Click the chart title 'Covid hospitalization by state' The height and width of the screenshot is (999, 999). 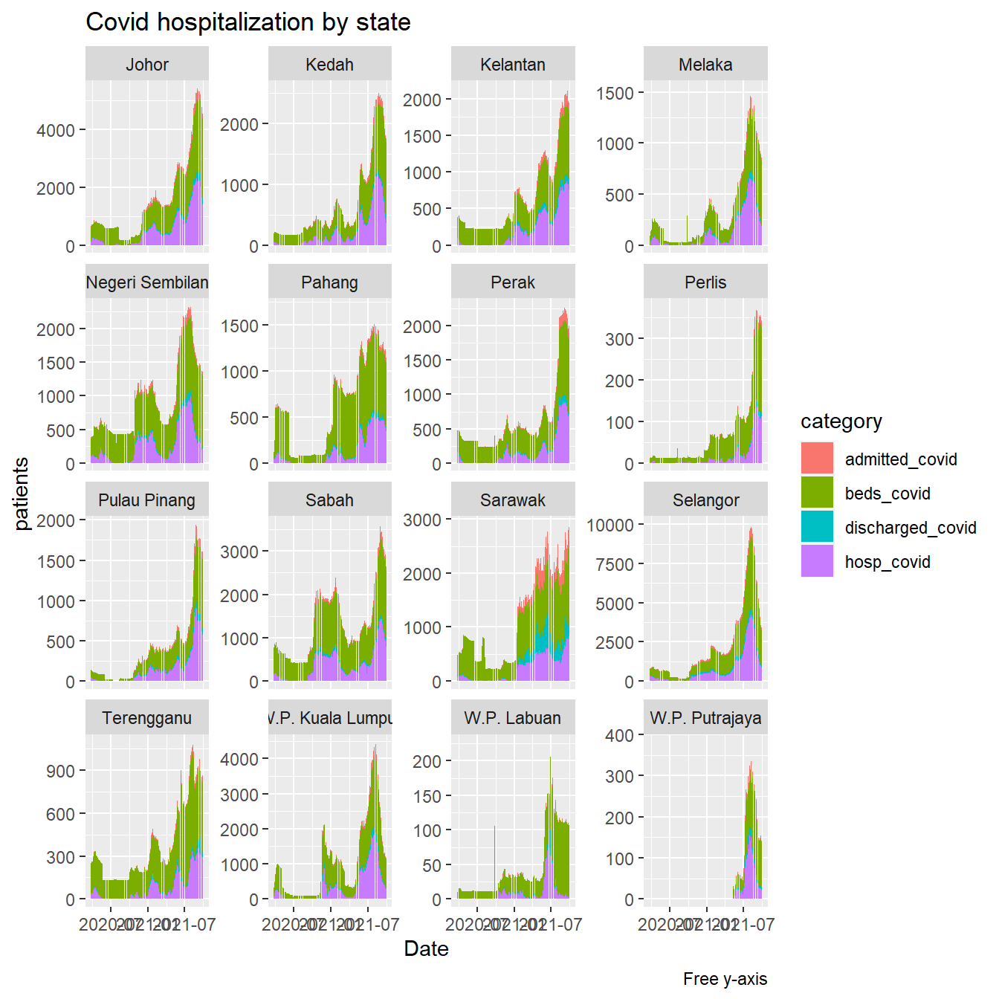pyautogui.click(x=248, y=22)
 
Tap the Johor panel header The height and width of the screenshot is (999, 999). pyautogui.click(x=147, y=65)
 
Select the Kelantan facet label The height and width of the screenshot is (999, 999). pyautogui.click(x=513, y=65)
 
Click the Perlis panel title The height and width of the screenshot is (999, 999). pyautogui.click(x=705, y=282)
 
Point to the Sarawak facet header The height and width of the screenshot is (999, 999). pyautogui.click(x=513, y=500)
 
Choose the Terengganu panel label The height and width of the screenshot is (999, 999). pyautogui.click(x=147, y=718)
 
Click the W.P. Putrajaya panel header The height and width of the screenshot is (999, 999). pyautogui.click(x=705, y=718)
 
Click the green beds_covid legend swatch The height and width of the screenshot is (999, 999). pyautogui.click(x=817, y=493)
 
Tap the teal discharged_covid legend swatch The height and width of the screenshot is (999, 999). pyautogui.click(x=817, y=527)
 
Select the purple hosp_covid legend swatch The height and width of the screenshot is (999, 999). pyautogui.click(x=817, y=561)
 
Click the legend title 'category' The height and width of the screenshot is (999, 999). pyautogui.click(x=841, y=421)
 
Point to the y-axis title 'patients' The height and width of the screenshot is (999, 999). pyautogui.click(x=22, y=493)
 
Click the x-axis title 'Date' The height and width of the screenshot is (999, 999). pyautogui.click(x=426, y=949)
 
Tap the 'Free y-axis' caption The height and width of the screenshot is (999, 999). pyautogui.click(x=725, y=979)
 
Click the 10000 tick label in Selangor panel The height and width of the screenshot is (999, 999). pyautogui.click(x=610, y=526)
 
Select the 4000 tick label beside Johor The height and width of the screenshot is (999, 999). pyautogui.click(x=56, y=131)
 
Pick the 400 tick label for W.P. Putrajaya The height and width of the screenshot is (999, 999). pyautogui.click(x=620, y=736)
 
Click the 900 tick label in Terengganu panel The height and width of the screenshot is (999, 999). pyautogui.click(x=61, y=772)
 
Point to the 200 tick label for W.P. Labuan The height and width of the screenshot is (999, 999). pyautogui.click(x=427, y=762)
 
